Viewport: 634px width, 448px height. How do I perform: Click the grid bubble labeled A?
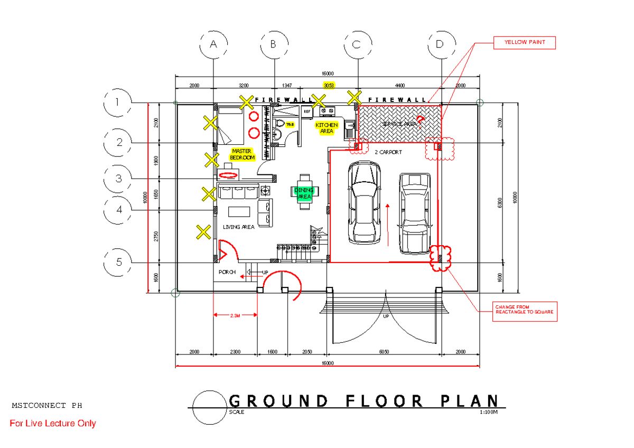point(213,44)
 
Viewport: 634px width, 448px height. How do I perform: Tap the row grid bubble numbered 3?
point(119,179)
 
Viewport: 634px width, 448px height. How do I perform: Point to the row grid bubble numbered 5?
point(119,262)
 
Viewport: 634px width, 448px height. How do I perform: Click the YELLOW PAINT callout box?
point(524,42)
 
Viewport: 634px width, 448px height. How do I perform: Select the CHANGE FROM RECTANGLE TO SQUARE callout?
point(524,309)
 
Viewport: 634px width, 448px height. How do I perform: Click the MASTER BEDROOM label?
point(242,154)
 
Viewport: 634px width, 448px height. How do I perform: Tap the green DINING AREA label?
point(304,193)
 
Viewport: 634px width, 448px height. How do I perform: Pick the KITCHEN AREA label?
point(327,128)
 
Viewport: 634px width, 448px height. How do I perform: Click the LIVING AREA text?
point(238,227)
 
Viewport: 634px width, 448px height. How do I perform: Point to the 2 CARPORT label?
point(388,152)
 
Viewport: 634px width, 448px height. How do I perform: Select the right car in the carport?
point(415,211)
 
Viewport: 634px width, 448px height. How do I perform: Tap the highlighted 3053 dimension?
point(329,85)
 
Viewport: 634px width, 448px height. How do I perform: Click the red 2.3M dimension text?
point(235,315)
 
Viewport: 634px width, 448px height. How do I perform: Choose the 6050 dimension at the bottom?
point(384,352)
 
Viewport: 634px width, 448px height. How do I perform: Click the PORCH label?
point(227,273)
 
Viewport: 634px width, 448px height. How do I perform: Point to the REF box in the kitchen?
point(307,111)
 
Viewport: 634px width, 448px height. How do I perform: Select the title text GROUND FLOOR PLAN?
point(364,401)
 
